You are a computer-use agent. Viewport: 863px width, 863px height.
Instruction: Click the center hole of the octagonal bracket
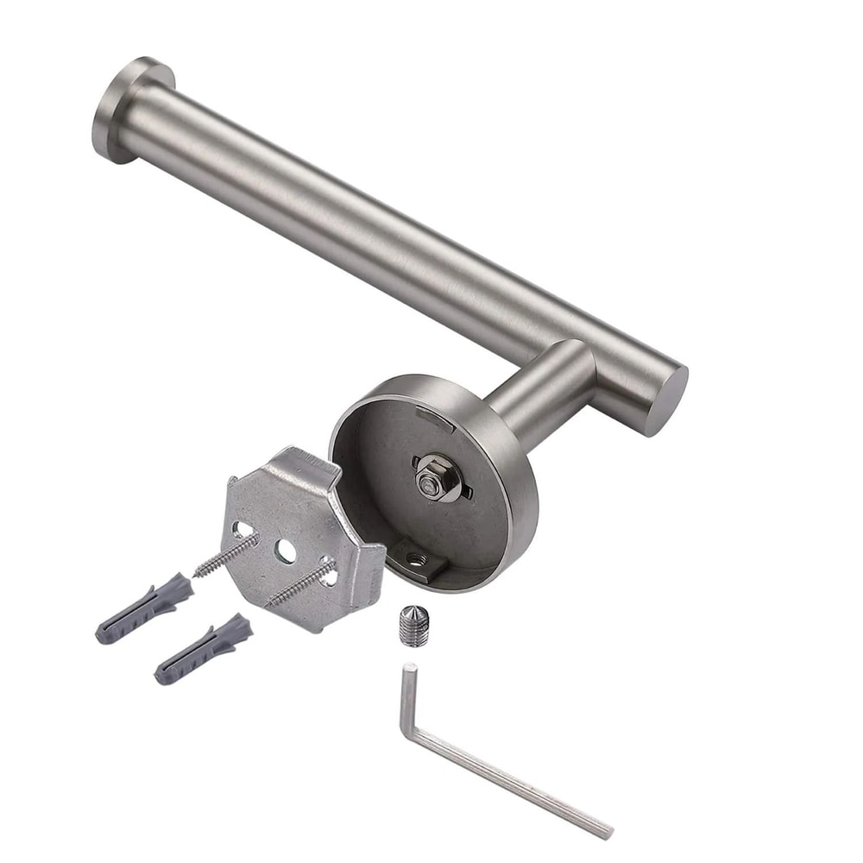click(284, 549)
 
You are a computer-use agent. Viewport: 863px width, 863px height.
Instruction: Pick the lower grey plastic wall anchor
click(203, 647)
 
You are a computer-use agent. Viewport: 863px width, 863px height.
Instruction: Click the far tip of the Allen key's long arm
click(607, 833)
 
